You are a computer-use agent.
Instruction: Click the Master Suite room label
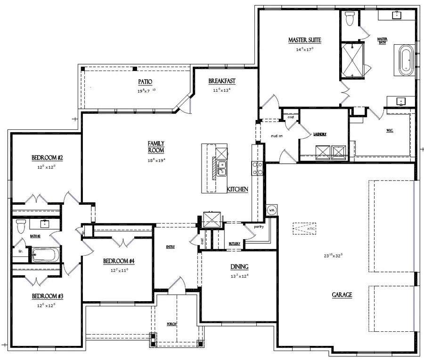pyautogui.click(x=301, y=40)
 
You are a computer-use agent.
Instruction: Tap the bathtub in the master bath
pyautogui.click(x=406, y=60)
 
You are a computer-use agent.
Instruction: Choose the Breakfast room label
pyautogui.click(x=222, y=81)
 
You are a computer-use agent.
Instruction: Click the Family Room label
pyautogui.click(x=156, y=146)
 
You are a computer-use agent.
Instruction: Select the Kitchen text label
pyautogui.click(x=237, y=189)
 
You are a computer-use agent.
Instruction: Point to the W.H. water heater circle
pyautogui.click(x=272, y=209)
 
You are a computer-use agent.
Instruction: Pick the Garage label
pyautogui.click(x=342, y=295)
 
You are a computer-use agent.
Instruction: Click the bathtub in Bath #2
pyautogui.click(x=45, y=255)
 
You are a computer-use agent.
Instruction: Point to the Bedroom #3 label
pyautogui.click(x=44, y=296)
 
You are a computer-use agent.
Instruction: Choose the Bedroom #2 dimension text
pyautogui.click(x=47, y=167)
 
